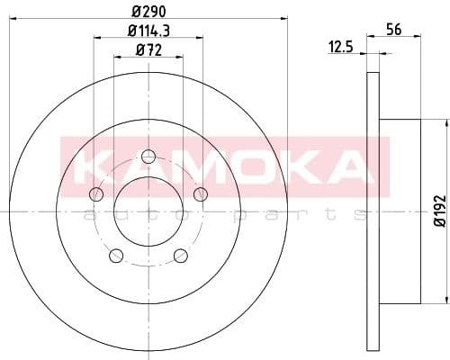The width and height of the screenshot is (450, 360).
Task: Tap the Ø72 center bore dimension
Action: (148, 50)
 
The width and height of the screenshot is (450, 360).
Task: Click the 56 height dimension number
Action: (392, 30)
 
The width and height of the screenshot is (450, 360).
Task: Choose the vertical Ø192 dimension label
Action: (438, 208)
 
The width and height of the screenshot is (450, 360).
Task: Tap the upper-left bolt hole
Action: (97, 193)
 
